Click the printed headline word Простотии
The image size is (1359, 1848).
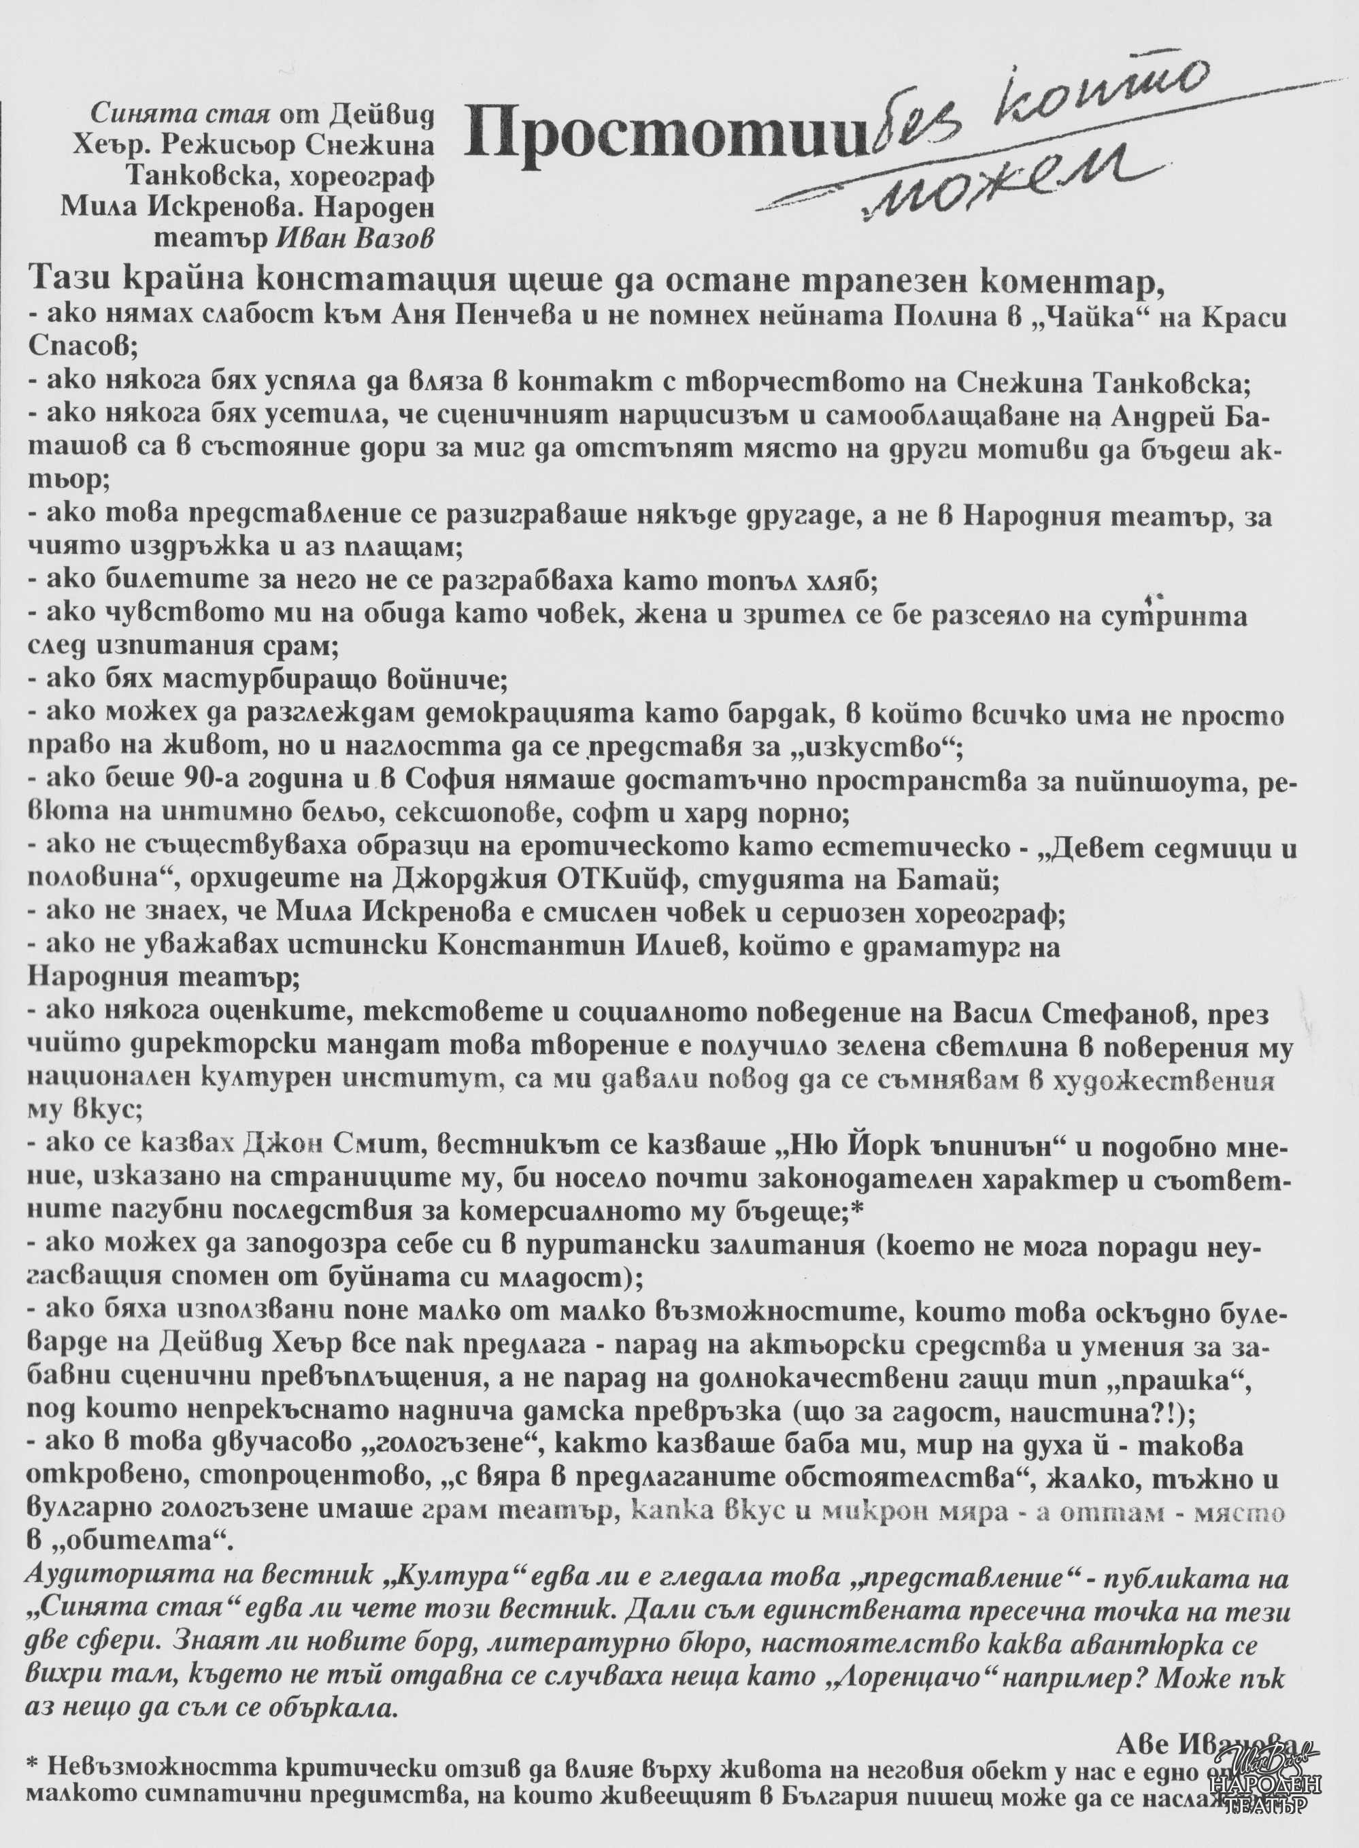coord(665,134)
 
